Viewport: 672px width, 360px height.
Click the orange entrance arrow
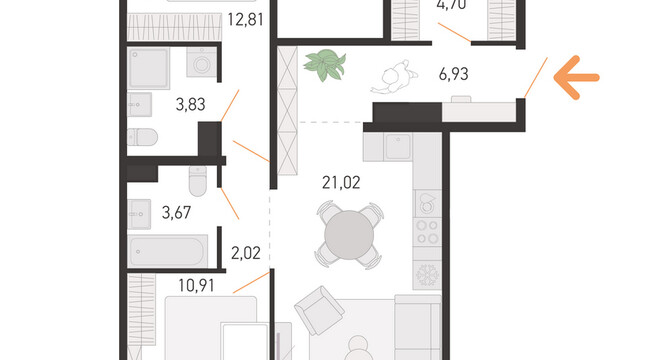coord(576,78)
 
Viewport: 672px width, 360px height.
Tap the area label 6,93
coord(453,74)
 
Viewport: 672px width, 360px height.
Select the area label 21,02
coord(341,183)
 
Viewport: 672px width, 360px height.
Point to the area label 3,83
coord(190,104)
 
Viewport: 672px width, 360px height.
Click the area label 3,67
coord(176,212)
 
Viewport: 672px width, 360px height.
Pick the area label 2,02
coord(246,253)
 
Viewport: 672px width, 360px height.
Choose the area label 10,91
coord(196,285)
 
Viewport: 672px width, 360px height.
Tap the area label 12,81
coord(245,20)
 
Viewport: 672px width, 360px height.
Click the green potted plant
coord(325,65)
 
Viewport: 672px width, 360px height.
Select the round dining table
coord(349,235)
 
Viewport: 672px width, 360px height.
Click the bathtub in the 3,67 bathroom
coord(168,251)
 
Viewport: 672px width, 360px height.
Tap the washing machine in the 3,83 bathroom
coord(201,62)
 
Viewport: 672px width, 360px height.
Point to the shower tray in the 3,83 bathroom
coord(149,68)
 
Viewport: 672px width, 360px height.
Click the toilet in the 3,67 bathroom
coord(198,181)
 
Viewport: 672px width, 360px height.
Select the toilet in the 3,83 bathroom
coord(143,138)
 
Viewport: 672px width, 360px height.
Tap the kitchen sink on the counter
coord(398,147)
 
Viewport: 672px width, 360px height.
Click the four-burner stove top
coord(427,231)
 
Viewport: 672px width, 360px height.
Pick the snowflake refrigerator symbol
coord(427,274)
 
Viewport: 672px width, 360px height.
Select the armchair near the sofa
coord(319,310)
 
